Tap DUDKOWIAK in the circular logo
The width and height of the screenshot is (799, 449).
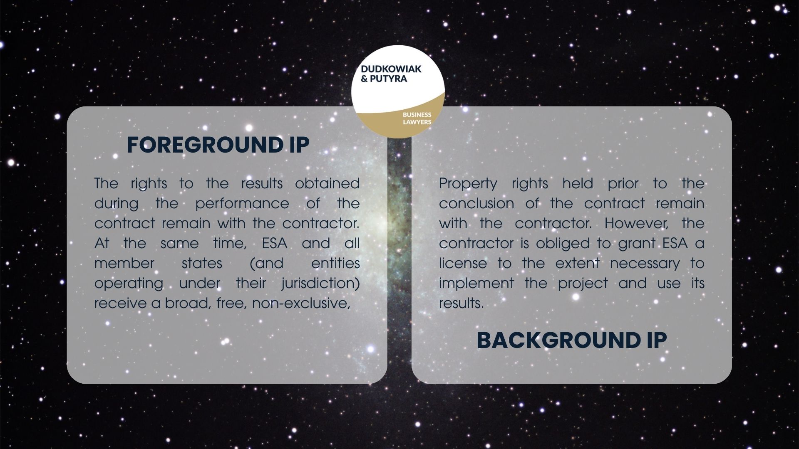click(391, 69)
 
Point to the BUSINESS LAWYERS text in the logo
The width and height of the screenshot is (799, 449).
click(417, 118)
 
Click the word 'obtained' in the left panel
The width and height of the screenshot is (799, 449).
click(327, 183)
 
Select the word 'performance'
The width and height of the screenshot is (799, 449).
click(242, 203)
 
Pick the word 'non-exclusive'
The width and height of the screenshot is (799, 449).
click(300, 303)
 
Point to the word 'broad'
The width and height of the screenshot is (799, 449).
click(186, 303)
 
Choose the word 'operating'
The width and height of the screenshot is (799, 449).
click(129, 284)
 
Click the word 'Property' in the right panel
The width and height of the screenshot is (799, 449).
click(468, 184)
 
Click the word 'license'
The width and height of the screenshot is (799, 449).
click(463, 264)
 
